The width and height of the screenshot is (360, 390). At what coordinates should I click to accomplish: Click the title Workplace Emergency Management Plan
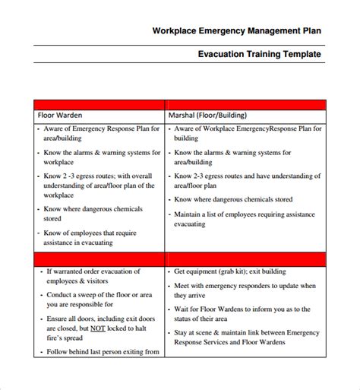tap(236, 31)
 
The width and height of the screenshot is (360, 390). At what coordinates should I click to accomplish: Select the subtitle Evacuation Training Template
tap(259, 55)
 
